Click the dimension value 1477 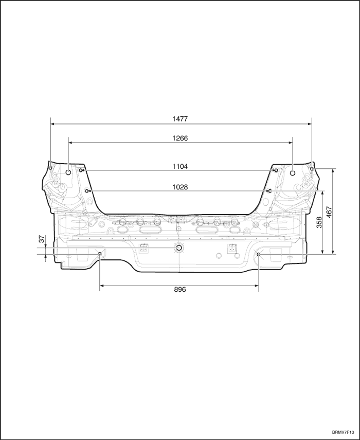point(180,119)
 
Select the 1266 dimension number point(180,138)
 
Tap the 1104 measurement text point(180,166)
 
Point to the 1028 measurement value point(180,187)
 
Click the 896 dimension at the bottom point(179,290)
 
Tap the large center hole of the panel point(179,248)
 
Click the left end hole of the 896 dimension point(100,254)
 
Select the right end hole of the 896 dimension point(259,254)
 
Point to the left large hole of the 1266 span point(68,173)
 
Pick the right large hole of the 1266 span point(293,173)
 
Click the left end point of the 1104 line point(81,170)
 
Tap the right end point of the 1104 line point(277,170)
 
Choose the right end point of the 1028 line point(269,191)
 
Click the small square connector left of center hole point(143,249)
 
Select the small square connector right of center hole point(232,249)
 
